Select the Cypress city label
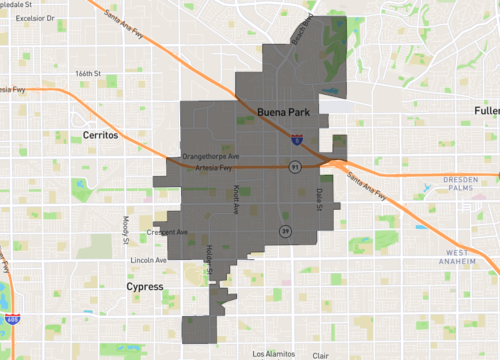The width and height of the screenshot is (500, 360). (x=145, y=286)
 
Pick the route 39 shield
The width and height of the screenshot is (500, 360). (x=286, y=231)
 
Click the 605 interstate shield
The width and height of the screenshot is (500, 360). (x=12, y=319)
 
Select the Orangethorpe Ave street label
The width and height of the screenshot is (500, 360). (x=211, y=156)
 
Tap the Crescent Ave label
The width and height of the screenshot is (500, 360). (x=168, y=232)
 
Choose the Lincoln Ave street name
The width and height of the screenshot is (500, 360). (x=148, y=259)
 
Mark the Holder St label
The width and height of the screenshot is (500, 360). (x=209, y=255)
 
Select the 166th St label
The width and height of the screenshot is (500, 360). (x=89, y=73)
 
